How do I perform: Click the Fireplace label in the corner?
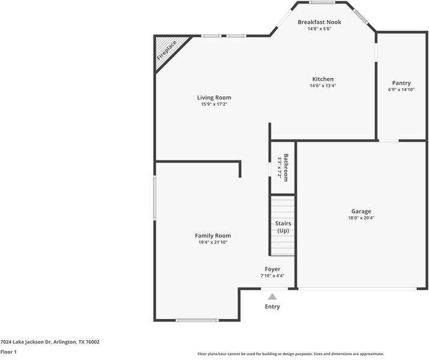pos(167,50)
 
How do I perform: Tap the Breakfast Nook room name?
pos(319,22)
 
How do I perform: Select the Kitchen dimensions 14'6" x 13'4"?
pos(323,86)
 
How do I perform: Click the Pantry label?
pos(401,83)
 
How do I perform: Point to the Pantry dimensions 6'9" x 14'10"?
pos(401,90)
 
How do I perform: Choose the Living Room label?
pos(214,97)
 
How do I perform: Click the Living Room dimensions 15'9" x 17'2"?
pos(214,104)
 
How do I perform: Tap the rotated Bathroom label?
pos(287,168)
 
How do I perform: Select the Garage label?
pos(361,211)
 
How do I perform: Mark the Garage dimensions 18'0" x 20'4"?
pos(361,218)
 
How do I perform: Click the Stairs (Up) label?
pos(283,227)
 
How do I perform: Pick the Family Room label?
pos(213,236)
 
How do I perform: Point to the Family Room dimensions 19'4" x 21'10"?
pos(213,242)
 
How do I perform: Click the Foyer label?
pos(272,269)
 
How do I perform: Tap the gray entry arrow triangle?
pos(272,296)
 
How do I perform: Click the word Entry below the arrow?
pos(272,307)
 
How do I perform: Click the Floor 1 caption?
pos(8,352)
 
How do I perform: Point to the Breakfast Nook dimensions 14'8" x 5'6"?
pos(319,29)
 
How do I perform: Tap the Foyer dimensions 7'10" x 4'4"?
pos(272,276)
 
